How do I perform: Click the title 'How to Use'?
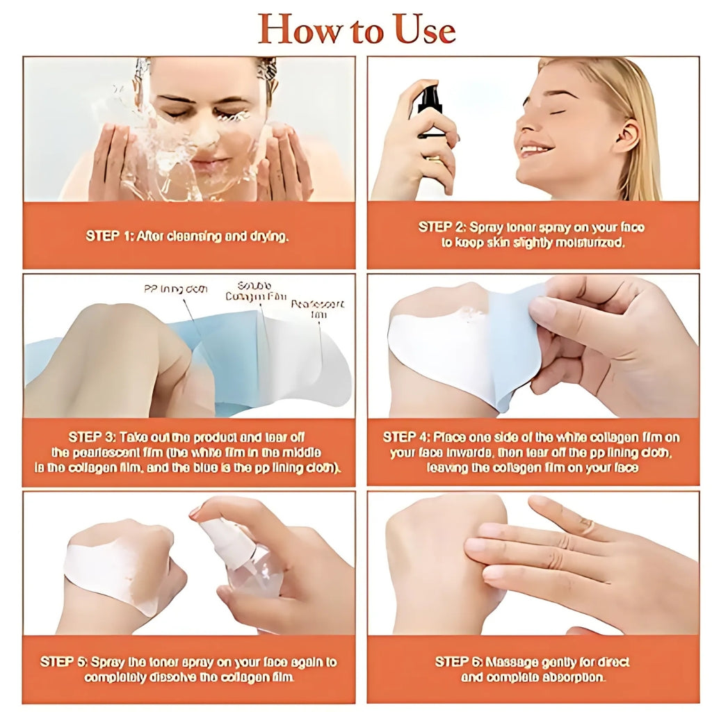(357, 29)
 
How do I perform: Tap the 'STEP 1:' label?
(109, 236)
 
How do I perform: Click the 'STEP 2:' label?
(442, 227)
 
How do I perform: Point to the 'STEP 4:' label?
(406, 437)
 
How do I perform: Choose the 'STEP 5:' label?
(64, 661)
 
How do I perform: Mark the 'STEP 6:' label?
(459, 661)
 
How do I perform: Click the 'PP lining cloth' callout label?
(175, 289)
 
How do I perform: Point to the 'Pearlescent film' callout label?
(318, 309)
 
